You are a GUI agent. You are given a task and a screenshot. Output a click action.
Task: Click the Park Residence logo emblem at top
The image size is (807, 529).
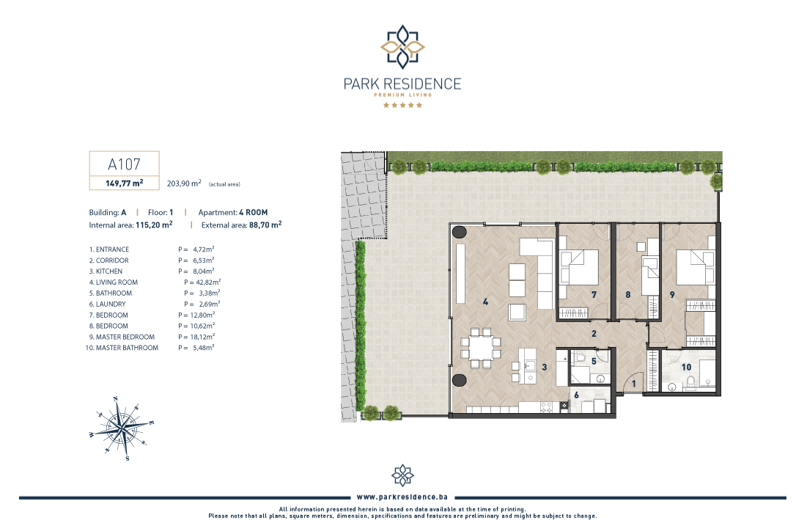(402, 47)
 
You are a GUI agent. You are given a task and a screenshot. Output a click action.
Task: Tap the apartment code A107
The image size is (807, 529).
(124, 164)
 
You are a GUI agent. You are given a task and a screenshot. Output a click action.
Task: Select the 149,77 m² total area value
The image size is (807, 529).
(124, 183)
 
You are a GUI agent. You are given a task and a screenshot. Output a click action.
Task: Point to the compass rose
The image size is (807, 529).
(122, 428)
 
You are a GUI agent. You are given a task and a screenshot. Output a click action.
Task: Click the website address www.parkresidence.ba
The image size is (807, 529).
(402, 497)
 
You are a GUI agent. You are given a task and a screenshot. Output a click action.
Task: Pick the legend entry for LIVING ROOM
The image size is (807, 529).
(113, 282)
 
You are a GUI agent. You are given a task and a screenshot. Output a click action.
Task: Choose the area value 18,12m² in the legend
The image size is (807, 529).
(204, 337)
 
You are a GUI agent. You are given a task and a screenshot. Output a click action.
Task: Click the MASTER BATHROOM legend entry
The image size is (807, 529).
(122, 348)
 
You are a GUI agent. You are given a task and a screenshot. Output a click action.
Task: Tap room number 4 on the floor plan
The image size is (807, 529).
(485, 302)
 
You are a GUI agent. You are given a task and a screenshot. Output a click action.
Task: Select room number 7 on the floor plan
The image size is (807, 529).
(594, 295)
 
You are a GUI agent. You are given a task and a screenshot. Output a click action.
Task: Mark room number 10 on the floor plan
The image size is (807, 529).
(686, 368)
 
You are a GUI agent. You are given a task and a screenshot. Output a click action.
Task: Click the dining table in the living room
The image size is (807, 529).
(481, 349)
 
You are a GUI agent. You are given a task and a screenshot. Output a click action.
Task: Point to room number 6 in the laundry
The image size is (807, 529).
(576, 395)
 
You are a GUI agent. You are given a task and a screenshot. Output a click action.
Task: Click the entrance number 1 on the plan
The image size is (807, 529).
(633, 384)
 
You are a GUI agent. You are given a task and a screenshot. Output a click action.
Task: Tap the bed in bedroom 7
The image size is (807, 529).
(579, 266)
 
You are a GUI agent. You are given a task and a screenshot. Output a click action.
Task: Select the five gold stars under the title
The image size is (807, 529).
(402, 105)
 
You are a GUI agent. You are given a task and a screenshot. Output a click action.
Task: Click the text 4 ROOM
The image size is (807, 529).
(253, 212)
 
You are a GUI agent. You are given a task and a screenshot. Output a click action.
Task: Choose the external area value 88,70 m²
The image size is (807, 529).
(265, 225)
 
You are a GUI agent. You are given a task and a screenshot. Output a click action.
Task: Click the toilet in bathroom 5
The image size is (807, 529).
(580, 357)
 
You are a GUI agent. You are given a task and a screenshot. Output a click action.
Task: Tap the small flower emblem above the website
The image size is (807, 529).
(402, 475)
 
